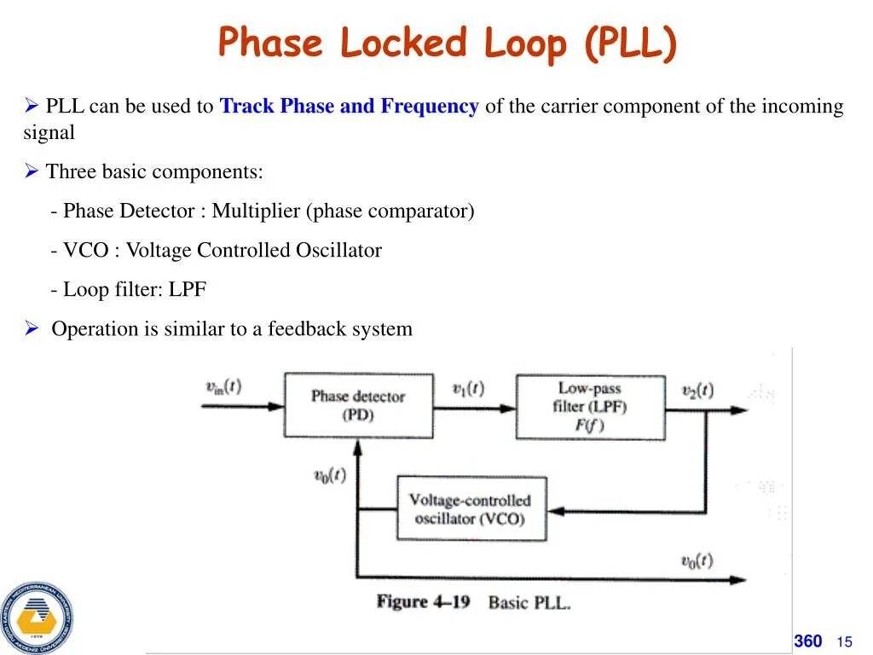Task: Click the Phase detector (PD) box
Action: click(357, 405)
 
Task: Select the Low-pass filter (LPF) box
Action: click(590, 407)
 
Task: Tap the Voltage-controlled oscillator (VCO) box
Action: click(470, 509)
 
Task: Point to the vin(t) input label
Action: click(223, 386)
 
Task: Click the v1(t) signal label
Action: click(468, 388)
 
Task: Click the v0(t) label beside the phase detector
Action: click(329, 475)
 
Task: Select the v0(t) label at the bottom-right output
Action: click(697, 560)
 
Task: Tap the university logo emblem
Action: click(36, 617)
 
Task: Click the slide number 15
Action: click(845, 642)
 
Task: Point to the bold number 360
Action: click(808, 641)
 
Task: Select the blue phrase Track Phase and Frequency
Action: click(349, 107)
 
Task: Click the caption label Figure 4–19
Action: click(424, 602)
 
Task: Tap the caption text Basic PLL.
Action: click(529, 603)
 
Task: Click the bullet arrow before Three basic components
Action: click(32, 171)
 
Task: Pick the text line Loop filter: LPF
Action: click(129, 289)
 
